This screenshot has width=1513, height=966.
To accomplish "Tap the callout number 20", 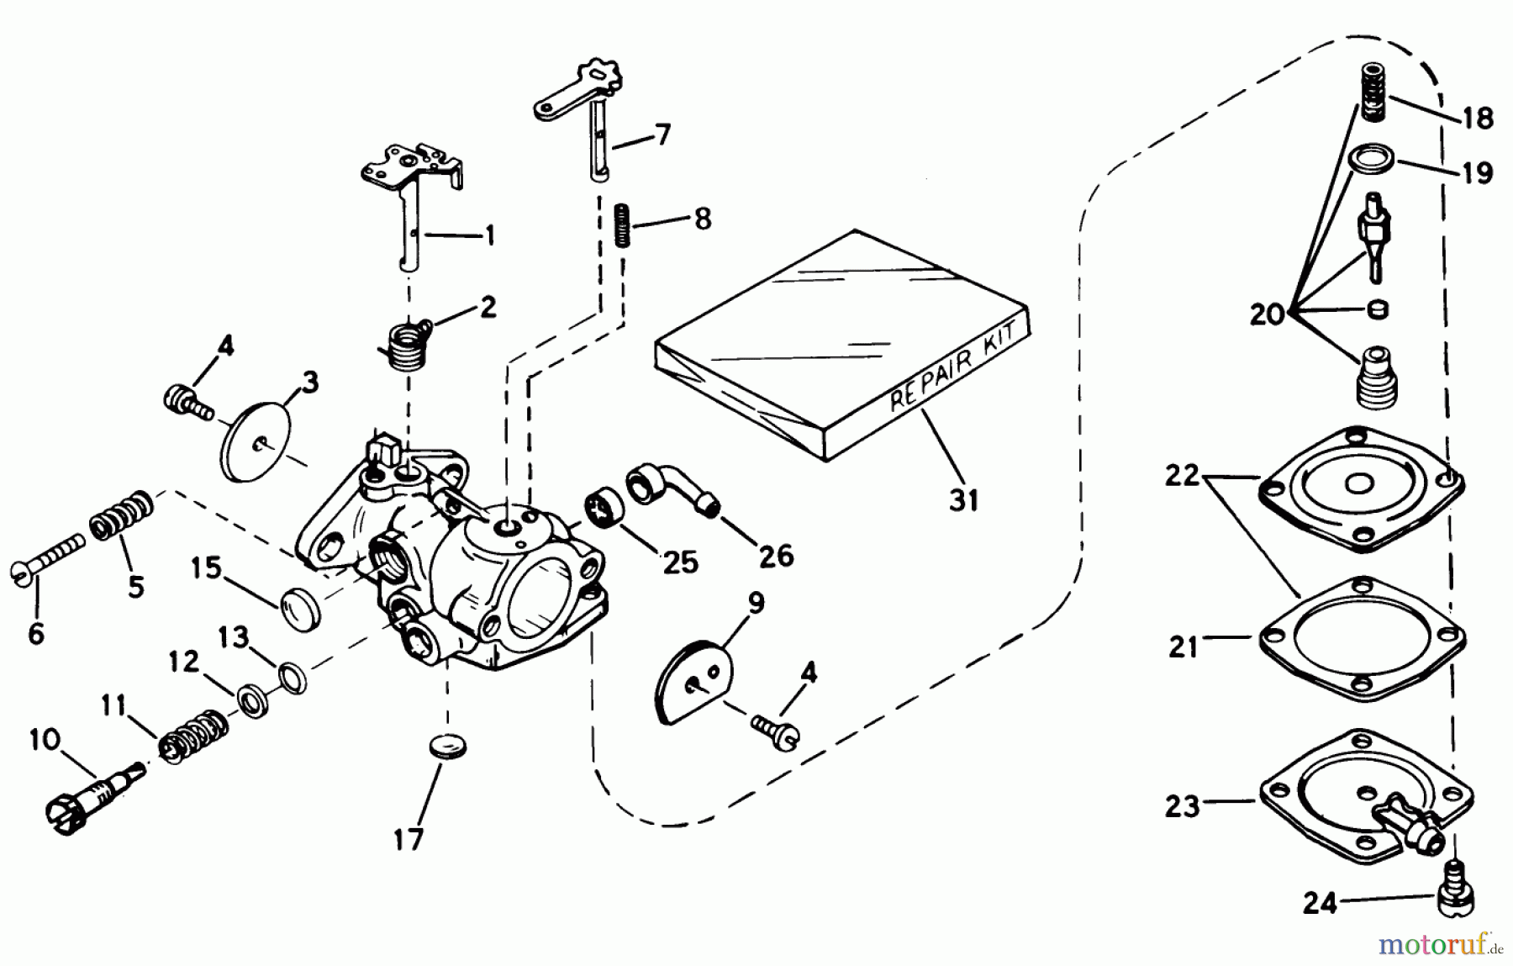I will click(x=1268, y=315).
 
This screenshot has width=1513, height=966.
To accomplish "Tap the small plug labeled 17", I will click(x=446, y=745).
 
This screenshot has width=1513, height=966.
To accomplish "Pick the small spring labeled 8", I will click(x=622, y=224).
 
